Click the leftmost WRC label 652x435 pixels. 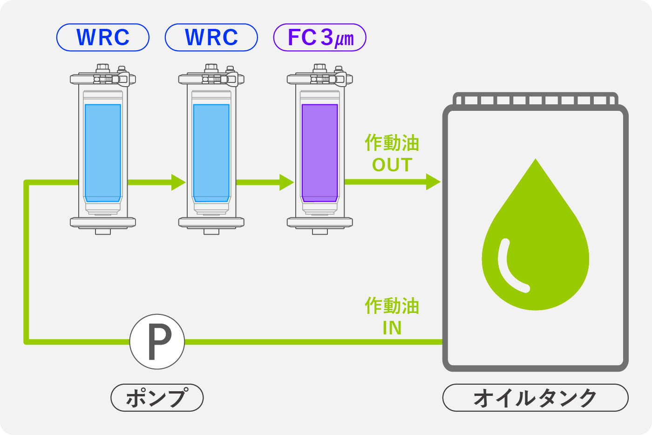point(103,37)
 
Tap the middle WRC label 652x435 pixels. point(211,37)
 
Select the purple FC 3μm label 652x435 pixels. point(320,37)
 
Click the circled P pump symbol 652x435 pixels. point(157,342)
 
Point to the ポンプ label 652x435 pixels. point(157,398)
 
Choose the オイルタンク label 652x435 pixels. point(535,398)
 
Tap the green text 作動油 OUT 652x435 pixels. point(392,154)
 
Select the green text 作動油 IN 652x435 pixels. point(392,317)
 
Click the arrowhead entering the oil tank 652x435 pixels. point(433,182)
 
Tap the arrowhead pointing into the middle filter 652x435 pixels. point(178,182)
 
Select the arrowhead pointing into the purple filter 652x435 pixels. point(287,182)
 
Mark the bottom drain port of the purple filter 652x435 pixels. point(320,231)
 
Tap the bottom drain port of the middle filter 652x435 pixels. point(211,231)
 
